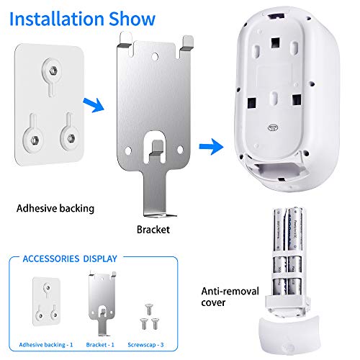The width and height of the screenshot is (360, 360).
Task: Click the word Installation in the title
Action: (x=57, y=19)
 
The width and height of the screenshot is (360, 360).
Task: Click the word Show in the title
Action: (x=132, y=19)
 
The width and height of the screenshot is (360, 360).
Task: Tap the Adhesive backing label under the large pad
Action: (x=55, y=208)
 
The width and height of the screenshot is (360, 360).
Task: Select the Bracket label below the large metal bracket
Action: (x=153, y=230)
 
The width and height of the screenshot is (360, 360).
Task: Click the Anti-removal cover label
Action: (x=230, y=297)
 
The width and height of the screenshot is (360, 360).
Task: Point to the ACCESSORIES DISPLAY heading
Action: (x=70, y=258)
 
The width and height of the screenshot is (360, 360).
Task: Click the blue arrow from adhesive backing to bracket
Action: (x=94, y=104)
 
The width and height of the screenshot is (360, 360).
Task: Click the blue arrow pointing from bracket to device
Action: (x=211, y=146)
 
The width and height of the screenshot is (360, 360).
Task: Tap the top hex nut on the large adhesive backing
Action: (x=53, y=71)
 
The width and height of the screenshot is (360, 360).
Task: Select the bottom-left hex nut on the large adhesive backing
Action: (x=35, y=139)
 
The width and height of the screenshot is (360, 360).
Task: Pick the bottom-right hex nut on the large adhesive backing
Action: (x=71, y=138)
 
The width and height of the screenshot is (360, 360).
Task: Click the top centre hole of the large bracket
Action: (x=155, y=57)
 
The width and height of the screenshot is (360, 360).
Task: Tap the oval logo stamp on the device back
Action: (x=273, y=127)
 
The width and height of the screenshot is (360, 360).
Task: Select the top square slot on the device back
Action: (x=276, y=42)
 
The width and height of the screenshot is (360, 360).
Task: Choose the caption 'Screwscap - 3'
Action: (x=145, y=345)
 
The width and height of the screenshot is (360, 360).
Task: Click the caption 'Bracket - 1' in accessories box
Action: (x=100, y=345)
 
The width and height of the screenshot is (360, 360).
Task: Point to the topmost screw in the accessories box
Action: (x=149, y=309)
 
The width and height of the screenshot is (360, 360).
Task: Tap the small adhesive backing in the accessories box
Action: (x=47, y=302)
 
